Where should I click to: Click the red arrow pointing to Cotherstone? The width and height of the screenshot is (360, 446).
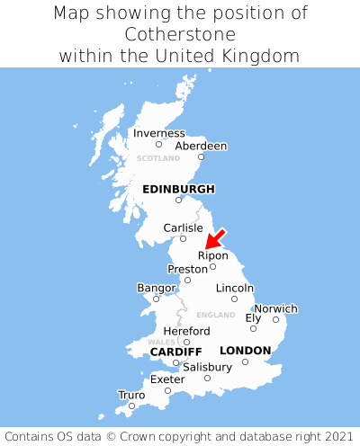(x=215, y=238)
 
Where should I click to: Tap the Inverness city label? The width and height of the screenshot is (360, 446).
(x=158, y=133)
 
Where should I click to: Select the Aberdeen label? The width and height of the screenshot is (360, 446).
(x=201, y=146)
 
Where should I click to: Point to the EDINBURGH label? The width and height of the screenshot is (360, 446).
(x=178, y=189)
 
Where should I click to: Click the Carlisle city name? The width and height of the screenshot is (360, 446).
(x=183, y=227)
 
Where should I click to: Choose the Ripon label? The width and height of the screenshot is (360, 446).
(x=212, y=255)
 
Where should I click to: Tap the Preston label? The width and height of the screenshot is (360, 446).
(x=187, y=269)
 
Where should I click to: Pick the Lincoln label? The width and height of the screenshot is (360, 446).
(x=235, y=288)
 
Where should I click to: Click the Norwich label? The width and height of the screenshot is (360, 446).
(x=275, y=308)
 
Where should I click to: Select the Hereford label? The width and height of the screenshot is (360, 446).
(x=186, y=331)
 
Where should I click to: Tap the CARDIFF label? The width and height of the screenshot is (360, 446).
(x=175, y=351)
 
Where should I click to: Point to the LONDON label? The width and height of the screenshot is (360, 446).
(x=245, y=350)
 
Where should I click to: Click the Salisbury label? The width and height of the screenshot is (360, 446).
(x=207, y=367)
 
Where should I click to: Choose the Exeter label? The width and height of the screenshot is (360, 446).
(x=167, y=379)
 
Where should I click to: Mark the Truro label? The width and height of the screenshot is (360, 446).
(x=131, y=395)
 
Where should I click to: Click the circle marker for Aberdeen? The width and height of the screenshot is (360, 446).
(x=201, y=157)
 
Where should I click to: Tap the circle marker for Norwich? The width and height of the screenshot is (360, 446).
(x=275, y=319)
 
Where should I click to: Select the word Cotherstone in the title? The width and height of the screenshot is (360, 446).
(x=180, y=34)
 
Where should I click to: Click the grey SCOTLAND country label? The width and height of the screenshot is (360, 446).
(x=158, y=158)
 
